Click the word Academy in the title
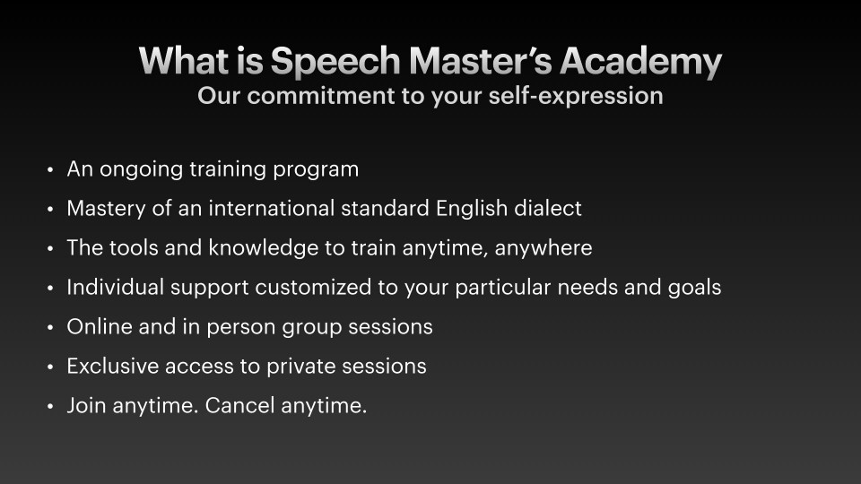(x=640, y=61)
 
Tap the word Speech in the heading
(x=335, y=61)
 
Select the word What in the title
(x=183, y=60)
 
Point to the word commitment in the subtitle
(x=321, y=96)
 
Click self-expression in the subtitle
(x=576, y=96)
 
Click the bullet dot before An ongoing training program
(x=50, y=170)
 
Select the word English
(x=472, y=209)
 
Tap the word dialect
(x=547, y=209)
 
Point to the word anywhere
(x=544, y=248)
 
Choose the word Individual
(x=116, y=287)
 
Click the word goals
(x=694, y=288)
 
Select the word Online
(x=100, y=326)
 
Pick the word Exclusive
(x=113, y=366)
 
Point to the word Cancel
(x=239, y=405)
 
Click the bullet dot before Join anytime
(x=50, y=407)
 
